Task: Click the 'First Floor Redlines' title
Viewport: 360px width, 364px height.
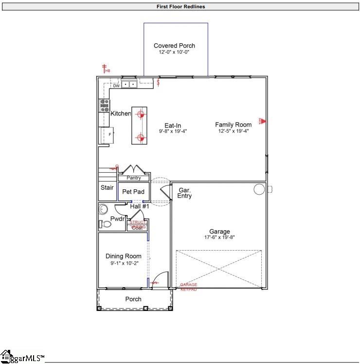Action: tap(180, 7)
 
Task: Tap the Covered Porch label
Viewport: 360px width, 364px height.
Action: tap(174, 46)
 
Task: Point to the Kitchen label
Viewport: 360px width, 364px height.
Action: tap(121, 113)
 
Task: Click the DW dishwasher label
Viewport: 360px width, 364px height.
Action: tap(116, 86)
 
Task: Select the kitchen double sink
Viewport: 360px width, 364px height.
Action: tap(129, 84)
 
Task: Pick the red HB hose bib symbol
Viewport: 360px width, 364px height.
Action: tap(104, 68)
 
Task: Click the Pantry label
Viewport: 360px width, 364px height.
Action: tap(133, 178)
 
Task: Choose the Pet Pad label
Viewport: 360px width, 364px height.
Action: tap(133, 192)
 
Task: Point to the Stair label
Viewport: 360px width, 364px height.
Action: tap(107, 188)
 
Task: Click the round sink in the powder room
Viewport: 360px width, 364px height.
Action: tap(103, 209)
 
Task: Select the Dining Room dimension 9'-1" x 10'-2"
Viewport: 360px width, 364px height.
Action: tap(124, 263)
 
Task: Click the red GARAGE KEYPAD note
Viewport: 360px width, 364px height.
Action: tap(189, 287)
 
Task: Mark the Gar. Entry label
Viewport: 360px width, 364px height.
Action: tap(184, 193)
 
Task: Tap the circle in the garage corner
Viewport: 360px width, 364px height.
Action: tap(259, 189)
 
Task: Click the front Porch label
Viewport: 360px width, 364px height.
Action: tap(133, 299)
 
